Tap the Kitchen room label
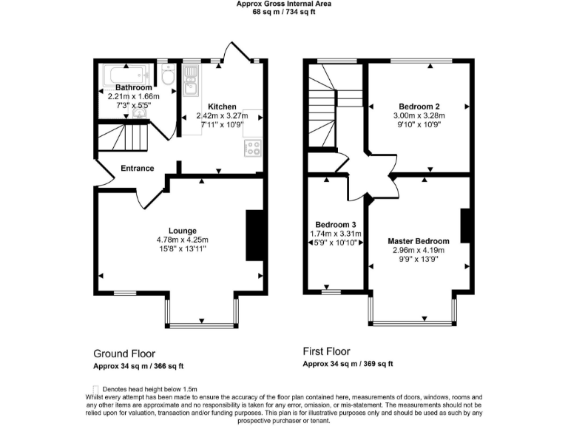(x=222, y=106)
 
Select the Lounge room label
(x=182, y=230)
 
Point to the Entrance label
(x=138, y=169)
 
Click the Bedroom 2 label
(x=419, y=106)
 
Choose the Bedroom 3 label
(x=336, y=225)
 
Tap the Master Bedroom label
(x=419, y=241)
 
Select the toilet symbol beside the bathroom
(x=168, y=77)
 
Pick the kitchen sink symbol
(x=191, y=80)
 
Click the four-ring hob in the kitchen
(x=252, y=147)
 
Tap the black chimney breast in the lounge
(x=255, y=235)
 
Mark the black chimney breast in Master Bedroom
(x=466, y=226)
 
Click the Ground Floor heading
(x=124, y=354)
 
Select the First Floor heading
(x=327, y=351)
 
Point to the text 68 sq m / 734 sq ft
(x=283, y=11)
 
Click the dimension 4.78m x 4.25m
(x=182, y=240)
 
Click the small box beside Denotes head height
(x=95, y=389)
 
